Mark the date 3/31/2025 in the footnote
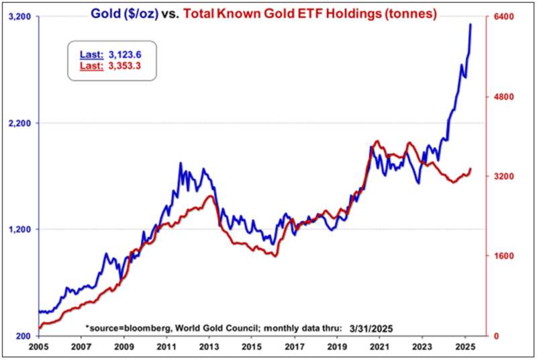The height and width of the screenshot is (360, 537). pyautogui.click(x=367, y=328)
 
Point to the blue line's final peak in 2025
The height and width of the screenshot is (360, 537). pyautogui.click(x=471, y=24)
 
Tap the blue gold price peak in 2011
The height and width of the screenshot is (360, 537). pyautogui.click(x=181, y=163)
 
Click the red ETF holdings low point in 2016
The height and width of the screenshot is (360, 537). pyautogui.click(x=275, y=256)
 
